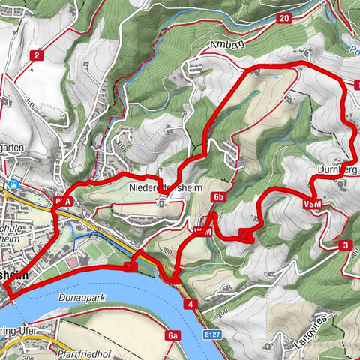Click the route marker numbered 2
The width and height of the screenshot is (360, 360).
click(x=35, y=55)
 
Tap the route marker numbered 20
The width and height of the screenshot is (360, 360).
click(x=283, y=18)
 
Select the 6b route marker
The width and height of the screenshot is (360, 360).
click(x=218, y=197)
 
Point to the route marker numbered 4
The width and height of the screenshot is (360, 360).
click(x=192, y=304)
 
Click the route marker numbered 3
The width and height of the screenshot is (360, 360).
click(x=344, y=245)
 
